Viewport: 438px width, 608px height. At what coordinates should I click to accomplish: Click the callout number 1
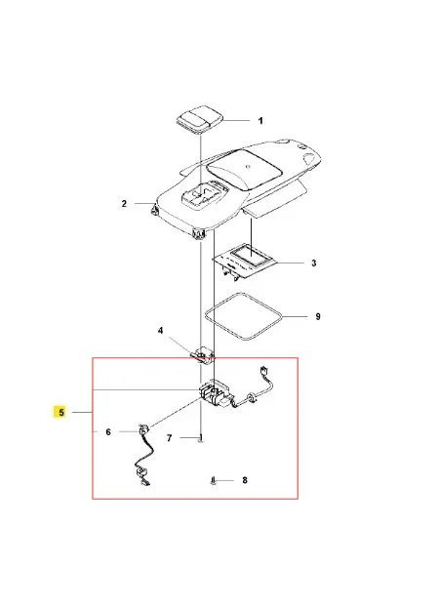coord(260,121)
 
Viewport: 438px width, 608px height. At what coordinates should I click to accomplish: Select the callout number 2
coord(124,204)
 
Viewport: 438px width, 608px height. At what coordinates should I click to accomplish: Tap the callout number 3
coord(313,263)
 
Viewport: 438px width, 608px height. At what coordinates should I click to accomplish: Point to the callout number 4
coord(161,331)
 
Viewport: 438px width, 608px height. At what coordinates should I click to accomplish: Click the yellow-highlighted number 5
coord(61,412)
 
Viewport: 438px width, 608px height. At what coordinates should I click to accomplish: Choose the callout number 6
coord(108,431)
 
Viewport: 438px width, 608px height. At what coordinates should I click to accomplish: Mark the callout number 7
coord(169,438)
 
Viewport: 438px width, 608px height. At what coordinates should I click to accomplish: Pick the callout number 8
coord(245,480)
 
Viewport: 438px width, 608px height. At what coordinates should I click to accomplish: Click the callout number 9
coord(318,317)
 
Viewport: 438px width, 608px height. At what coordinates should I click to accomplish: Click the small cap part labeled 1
coord(200,118)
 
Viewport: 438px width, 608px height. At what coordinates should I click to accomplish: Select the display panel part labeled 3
coord(245,262)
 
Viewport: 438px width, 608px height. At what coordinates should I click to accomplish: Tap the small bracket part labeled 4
coord(203,354)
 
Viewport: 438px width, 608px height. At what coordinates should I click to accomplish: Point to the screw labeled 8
coord(214,481)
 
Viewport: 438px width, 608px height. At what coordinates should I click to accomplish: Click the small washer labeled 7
coord(201,438)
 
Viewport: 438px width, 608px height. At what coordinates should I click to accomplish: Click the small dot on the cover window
coord(249,168)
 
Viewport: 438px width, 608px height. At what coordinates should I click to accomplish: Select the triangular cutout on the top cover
coord(309,158)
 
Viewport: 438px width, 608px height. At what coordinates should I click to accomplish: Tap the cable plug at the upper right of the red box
coord(265,370)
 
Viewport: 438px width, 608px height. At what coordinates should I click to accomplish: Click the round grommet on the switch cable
coord(251,397)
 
